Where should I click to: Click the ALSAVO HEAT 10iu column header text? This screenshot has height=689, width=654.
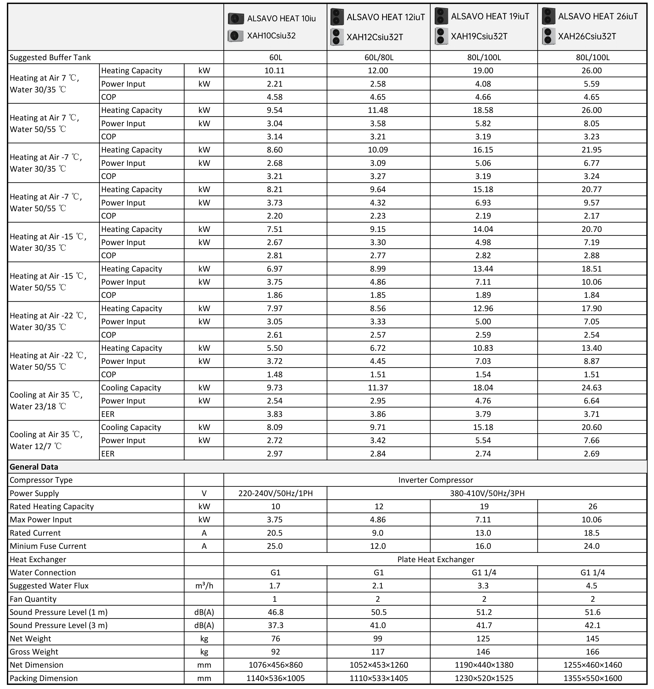tap(281, 18)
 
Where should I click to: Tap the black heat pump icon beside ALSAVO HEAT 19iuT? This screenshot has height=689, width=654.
tap(441, 16)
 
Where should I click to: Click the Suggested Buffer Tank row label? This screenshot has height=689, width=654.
tap(50, 57)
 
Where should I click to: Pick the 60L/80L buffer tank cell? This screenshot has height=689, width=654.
tap(379, 57)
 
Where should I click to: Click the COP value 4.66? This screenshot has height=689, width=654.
tap(483, 97)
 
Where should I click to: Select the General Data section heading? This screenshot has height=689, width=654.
tap(34, 467)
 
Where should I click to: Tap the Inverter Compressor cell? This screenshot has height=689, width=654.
tap(436, 480)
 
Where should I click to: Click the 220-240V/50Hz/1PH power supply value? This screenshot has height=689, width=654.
tap(275, 493)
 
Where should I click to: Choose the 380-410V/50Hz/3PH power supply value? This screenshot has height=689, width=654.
tap(487, 493)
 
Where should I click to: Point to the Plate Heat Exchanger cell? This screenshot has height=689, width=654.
tap(436, 559)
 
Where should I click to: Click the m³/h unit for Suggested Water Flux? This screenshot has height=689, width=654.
tap(204, 586)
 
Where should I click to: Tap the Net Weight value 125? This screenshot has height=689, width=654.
tap(483, 639)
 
